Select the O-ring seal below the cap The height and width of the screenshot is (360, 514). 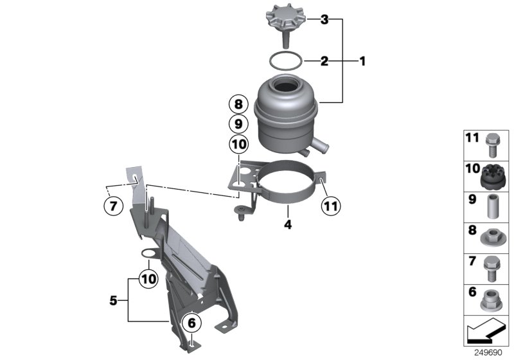coord(285,61)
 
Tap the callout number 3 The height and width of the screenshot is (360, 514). coord(324,21)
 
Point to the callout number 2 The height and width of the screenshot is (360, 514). coord(324,62)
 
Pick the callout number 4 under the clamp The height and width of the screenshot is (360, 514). coord(288,225)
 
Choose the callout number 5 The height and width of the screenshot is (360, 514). coord(114,299)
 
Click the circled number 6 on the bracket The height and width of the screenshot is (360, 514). coord(191,323)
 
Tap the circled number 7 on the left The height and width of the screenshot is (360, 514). coord(113,206)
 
